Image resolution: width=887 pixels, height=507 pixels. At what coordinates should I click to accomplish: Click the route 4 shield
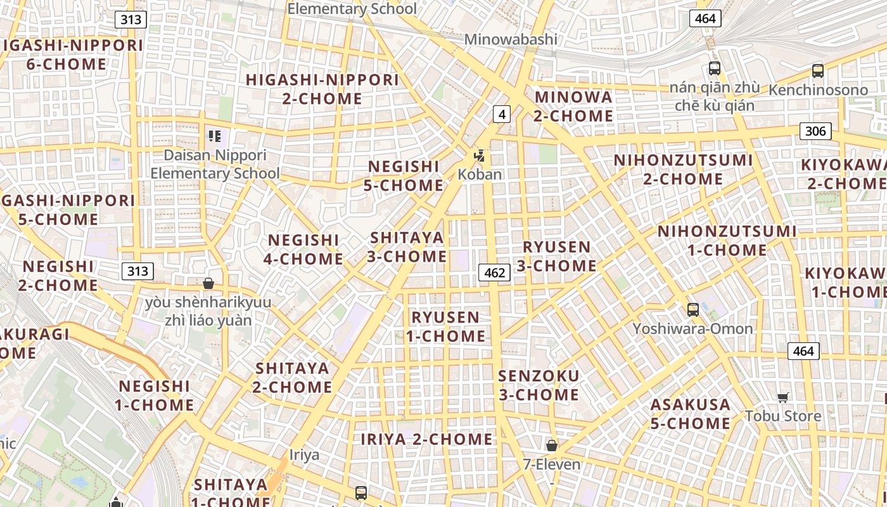(502, 114)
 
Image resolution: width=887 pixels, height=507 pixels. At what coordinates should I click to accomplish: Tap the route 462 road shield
(494, 273)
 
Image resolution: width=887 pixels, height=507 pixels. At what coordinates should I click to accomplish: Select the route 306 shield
(815, 131)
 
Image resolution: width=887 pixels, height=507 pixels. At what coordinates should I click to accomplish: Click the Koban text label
(480, 174)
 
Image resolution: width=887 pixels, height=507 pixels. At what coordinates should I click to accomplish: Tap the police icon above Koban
(480, 155)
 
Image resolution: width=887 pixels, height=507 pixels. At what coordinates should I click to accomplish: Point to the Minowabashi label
(511, 39)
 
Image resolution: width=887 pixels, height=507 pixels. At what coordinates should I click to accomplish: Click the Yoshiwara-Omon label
(692, 328)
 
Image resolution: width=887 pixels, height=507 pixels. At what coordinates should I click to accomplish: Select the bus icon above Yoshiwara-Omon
(693, 310)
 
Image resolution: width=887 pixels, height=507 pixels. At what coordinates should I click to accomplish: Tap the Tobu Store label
(782, 416)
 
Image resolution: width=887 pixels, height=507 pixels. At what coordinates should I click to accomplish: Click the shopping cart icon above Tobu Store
(783, 397)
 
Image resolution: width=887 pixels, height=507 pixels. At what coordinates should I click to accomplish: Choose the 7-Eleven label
(551, 464)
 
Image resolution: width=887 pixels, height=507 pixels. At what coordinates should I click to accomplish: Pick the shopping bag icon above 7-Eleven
(552, 446)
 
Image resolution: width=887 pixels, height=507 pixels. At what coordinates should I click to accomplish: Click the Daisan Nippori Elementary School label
(215, 164)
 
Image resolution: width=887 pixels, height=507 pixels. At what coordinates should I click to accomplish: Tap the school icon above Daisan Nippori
(214, 136)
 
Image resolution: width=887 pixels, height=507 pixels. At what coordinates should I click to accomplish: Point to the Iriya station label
(304, 455)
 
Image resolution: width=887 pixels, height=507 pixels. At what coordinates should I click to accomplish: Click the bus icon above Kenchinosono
(818, 71)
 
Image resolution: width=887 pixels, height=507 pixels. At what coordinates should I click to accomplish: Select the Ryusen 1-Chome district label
(445, 326)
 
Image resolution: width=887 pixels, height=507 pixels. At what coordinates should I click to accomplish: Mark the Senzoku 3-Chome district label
(539, 385)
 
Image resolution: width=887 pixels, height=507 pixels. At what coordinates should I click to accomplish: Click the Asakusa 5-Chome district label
(691, 413)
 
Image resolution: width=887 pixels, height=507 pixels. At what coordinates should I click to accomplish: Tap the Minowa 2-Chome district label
(573, 106)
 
